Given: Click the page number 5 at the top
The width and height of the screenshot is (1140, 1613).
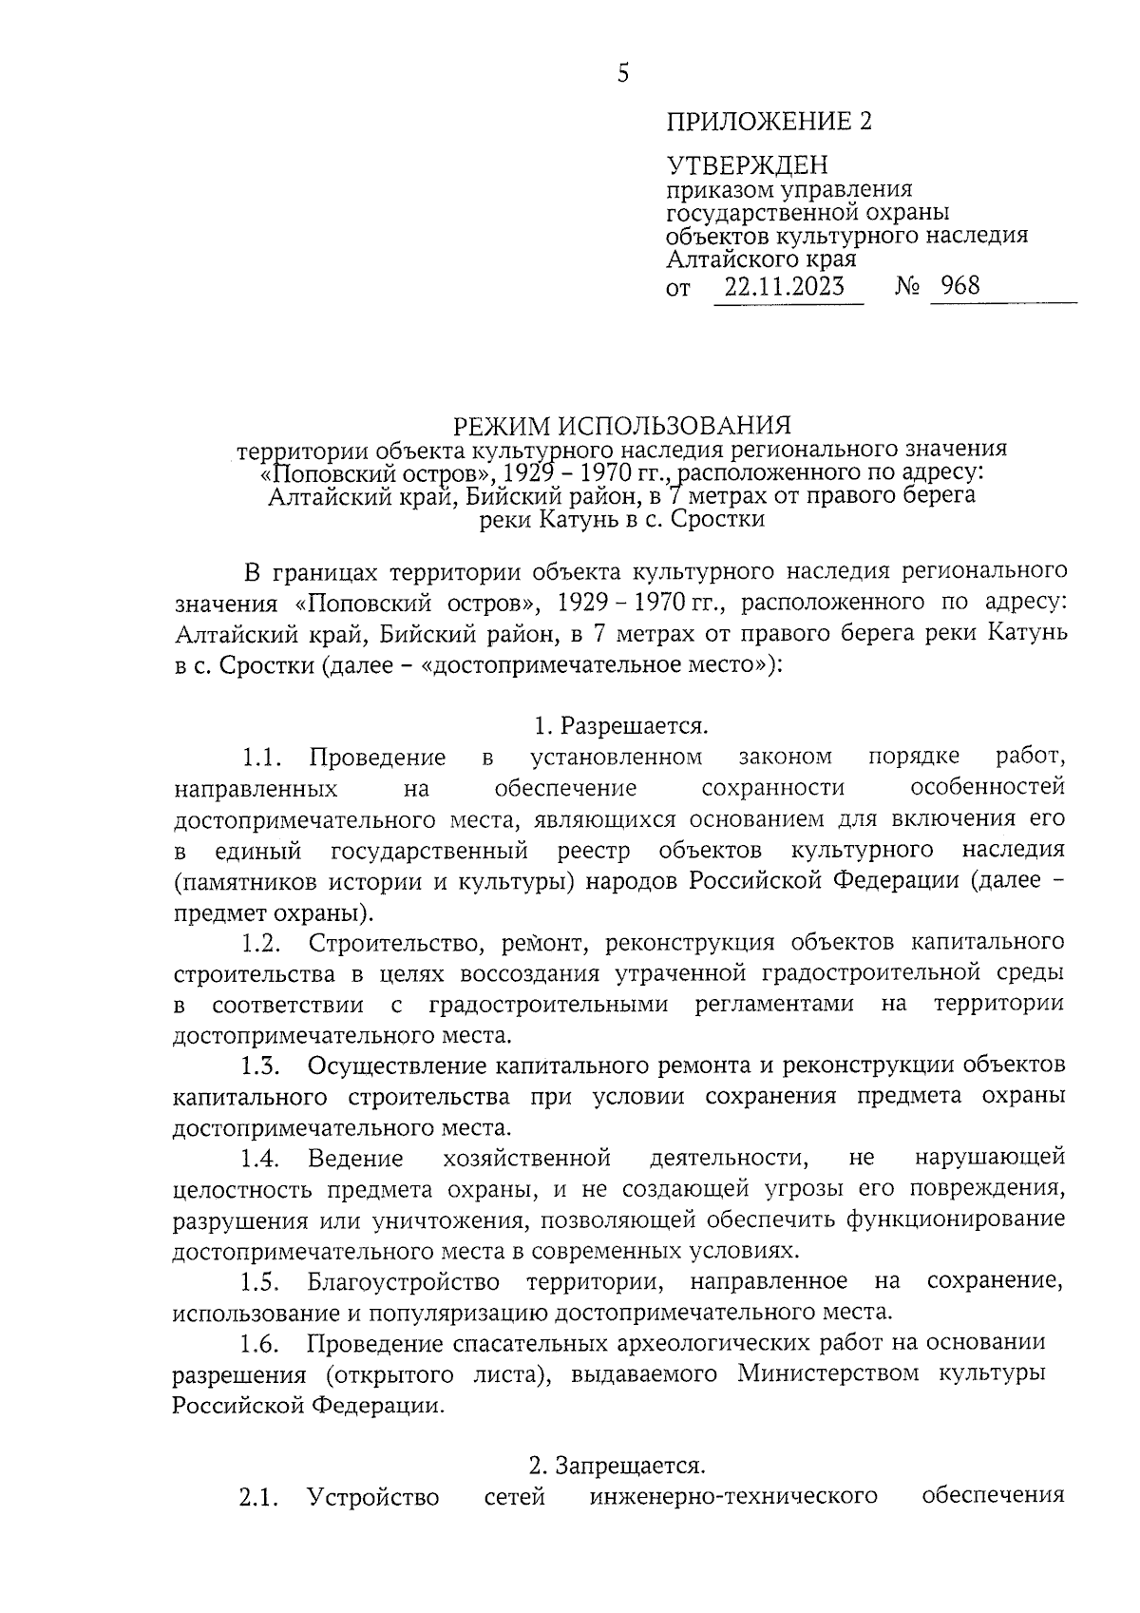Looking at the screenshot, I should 623,73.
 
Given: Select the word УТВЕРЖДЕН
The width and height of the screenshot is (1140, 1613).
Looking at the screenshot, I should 746,166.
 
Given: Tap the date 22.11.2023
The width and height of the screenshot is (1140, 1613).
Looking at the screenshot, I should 784,286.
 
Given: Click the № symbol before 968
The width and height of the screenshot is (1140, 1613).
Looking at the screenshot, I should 906,286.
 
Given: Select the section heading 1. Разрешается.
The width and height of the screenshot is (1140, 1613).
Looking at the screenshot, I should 621,726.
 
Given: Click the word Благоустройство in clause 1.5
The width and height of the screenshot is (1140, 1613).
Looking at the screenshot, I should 404,1281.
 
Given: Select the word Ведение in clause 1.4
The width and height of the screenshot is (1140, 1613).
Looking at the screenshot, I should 355,1158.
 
